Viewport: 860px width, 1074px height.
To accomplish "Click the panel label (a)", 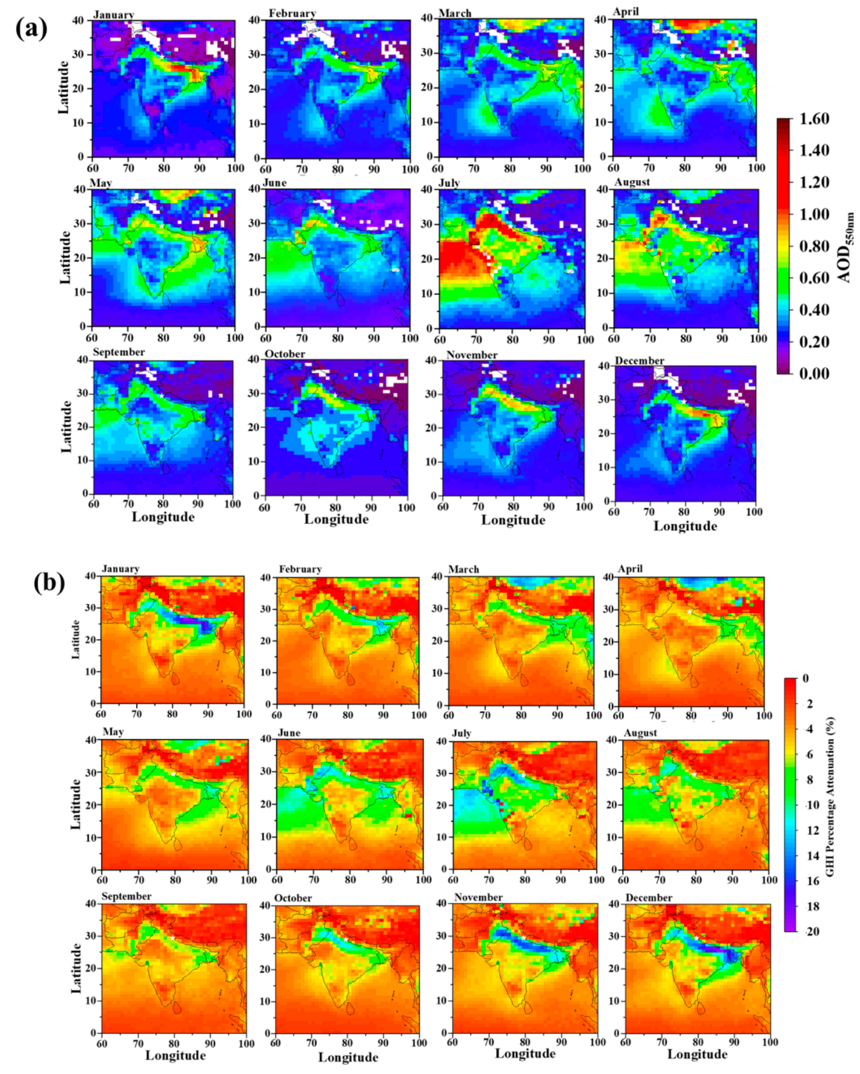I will (31, 29).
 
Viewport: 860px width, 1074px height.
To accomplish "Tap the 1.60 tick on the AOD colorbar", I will (814, 118).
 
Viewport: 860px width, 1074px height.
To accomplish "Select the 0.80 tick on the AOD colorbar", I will (814, 246).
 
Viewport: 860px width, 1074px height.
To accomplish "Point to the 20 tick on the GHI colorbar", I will (812, 931).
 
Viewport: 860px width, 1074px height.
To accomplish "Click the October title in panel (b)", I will (292, 898).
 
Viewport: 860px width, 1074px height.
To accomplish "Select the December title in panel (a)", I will (639, 361).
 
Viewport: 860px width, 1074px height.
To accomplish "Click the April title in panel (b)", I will (630, 569).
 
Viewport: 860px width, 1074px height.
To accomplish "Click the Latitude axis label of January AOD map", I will (63, 88).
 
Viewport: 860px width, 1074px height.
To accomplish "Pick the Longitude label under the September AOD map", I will (163, 517).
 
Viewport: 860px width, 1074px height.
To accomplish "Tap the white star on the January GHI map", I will (171, 610).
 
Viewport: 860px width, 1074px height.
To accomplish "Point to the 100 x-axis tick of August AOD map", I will (758, 339).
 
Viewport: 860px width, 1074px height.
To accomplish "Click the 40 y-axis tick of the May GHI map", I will (93, 740).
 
